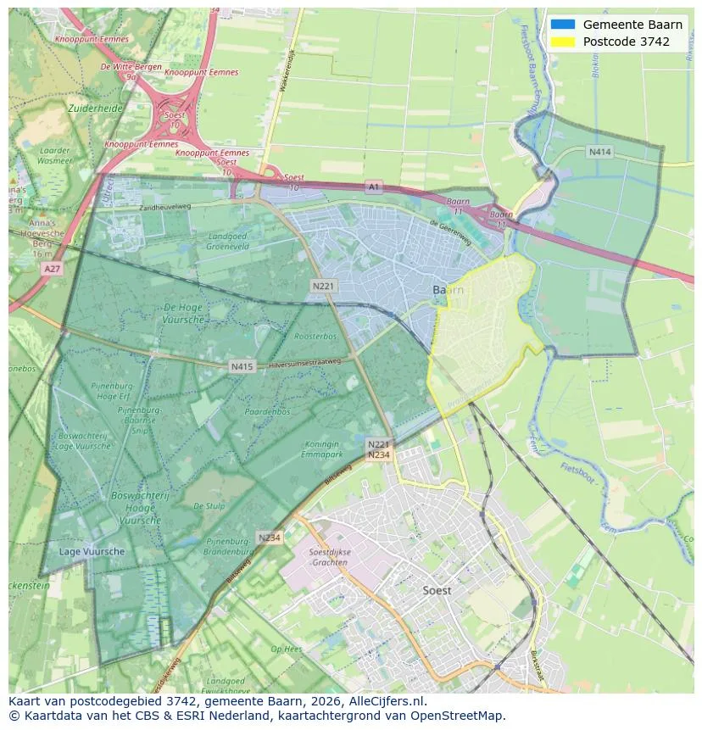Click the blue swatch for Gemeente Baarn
[562, 25]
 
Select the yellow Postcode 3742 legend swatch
[562, 42]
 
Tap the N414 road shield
[599, 152]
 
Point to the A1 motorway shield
[374, 186]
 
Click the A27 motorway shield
[52, 268]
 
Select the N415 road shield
[242, 366]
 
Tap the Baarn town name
[448, 290]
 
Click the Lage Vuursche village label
[92, 551]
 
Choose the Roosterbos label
[315, 337]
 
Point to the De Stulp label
[209, 505]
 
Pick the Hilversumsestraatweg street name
[304, 363]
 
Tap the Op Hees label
[286, 649]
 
